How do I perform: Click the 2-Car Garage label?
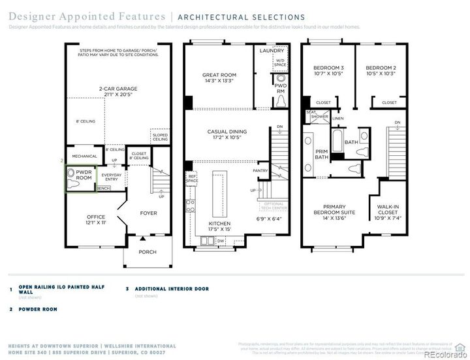tap(117, 91)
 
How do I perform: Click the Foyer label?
tap(149, 213)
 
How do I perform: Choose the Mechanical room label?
tap(84, 157)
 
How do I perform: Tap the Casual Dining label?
tap(225, 134)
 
